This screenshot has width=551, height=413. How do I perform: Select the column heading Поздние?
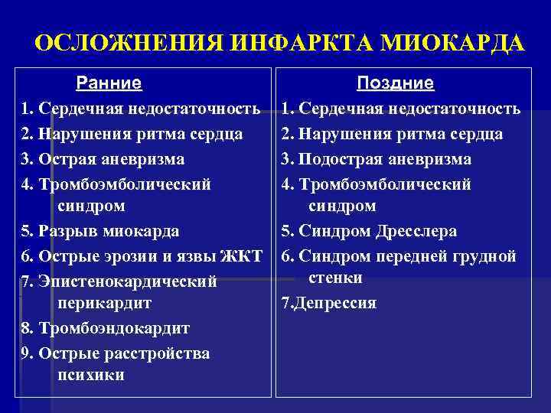(396, 83)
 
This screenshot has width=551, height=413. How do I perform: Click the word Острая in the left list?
(66, 160)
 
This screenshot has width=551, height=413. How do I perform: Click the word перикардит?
(104, 304)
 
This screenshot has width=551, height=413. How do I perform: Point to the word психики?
(90, 376)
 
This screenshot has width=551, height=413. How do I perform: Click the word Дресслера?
(416, 231)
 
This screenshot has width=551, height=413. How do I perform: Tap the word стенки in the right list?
(335, 278)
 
